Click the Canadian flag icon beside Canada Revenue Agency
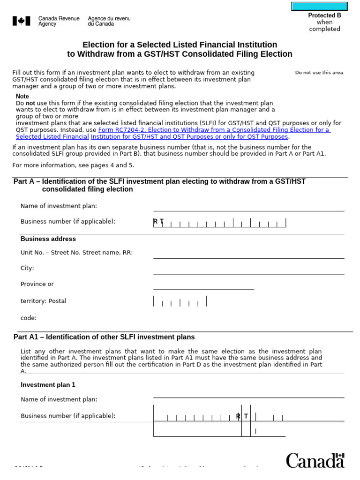(x=21, y=21)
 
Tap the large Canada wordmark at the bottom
(x=315, y=460)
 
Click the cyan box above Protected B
(x=320, y=6)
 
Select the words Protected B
(x=324, y=15)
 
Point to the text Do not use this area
(x=320, y=73)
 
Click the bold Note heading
(x=22, y=96)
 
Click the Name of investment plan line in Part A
(x=248, y=207)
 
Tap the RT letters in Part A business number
(x=158, y=222)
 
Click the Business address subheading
(x=48, y=239)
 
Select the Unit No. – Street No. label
(x=76, y=253)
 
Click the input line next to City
(x=248, y=270)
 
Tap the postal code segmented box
(x=180, y=301)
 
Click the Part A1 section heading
(x=104, y=337)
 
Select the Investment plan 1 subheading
(x=48, y=385)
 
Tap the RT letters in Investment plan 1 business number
(x=242, y=416)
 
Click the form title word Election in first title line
(x=98, y=45)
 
